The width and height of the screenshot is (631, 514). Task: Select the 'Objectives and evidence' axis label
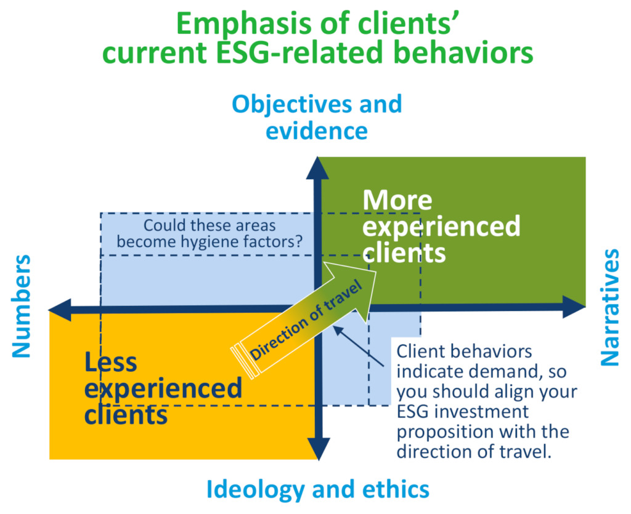[x=317, y=117]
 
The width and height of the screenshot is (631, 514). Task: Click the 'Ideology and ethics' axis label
[x=317, y=489]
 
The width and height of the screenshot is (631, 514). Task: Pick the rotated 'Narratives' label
[x=609, y=307]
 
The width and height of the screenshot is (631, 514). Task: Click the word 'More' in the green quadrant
[x=397, y=201]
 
